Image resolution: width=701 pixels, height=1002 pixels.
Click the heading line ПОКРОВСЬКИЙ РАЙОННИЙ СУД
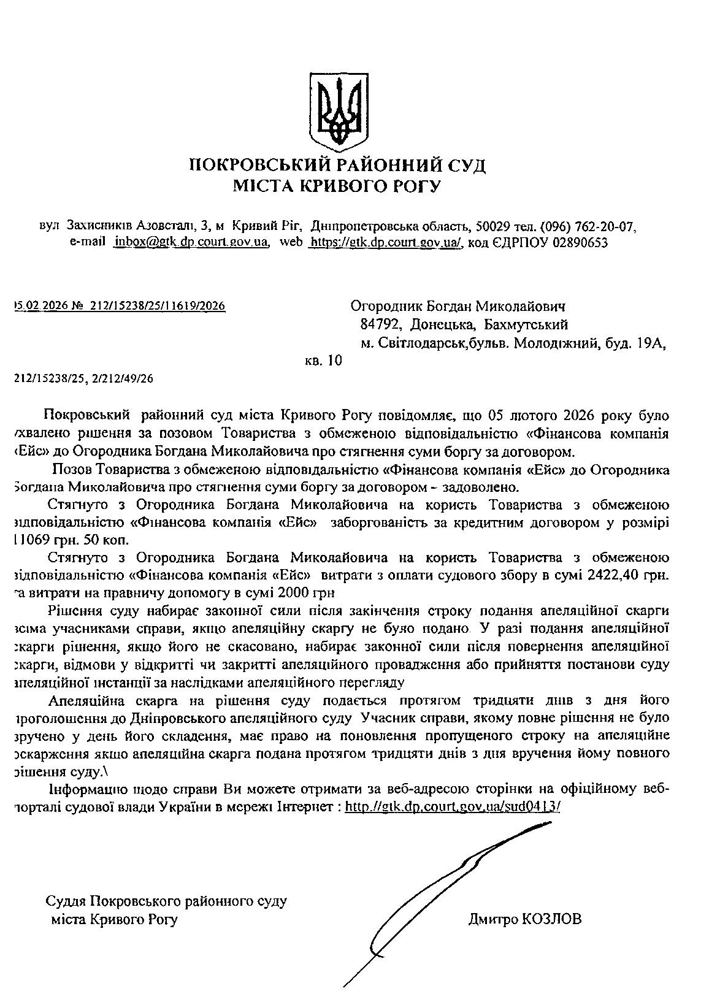[x=337, y=165]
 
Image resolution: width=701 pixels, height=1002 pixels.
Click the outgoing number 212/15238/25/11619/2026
[x=158, y=305]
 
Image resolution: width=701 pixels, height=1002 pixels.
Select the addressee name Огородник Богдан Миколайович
[x=457, y=305]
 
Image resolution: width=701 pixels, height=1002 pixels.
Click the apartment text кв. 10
[x=323, y=361]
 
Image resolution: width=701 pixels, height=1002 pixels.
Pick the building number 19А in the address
[x=651, y=343]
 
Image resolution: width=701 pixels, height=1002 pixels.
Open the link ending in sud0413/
[x=453, y=806]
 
